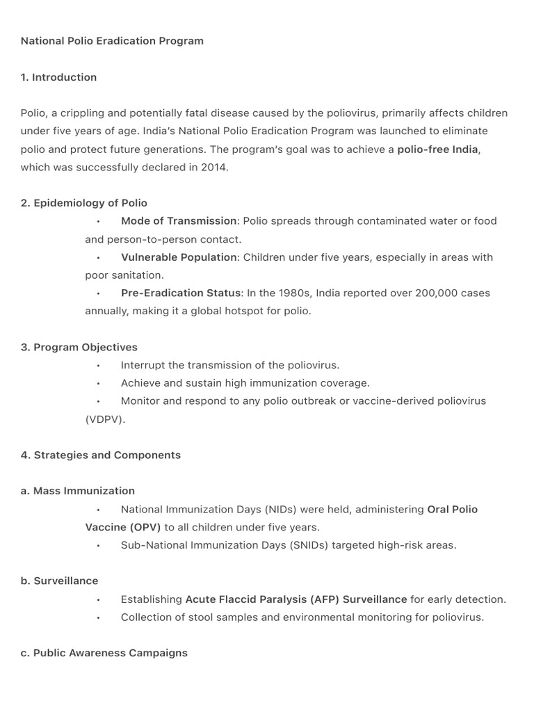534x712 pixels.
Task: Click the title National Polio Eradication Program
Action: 112,41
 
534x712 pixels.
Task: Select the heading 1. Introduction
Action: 58,77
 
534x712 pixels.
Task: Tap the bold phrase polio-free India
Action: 437,149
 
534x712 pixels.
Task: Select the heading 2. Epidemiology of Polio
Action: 83,203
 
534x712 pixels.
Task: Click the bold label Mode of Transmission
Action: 179,221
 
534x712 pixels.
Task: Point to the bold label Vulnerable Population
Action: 179,257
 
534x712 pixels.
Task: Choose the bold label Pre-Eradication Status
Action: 181,293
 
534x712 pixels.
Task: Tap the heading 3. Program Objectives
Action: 79,347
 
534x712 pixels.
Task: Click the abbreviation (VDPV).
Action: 105,419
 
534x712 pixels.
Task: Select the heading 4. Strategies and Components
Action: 101,455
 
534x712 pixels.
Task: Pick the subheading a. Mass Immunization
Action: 78,491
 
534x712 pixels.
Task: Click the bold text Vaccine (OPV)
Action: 123,527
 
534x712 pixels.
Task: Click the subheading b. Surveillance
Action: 60,581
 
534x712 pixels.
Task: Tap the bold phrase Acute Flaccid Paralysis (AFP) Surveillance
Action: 296,599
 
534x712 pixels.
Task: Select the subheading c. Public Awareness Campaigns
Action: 104,653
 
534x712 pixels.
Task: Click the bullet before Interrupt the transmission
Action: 99,366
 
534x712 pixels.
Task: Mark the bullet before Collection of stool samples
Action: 99,617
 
